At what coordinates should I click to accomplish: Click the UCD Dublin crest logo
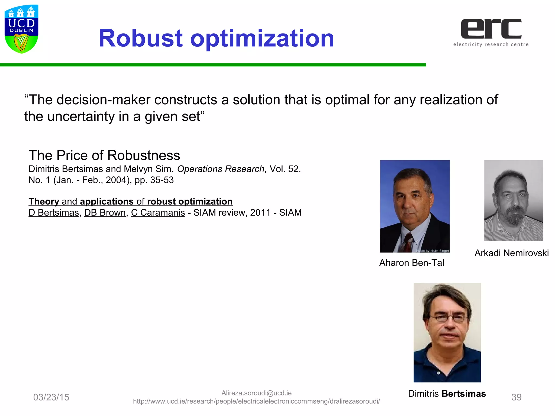click(x=21, y=29)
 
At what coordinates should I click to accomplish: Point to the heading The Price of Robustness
click(x=104, y=155)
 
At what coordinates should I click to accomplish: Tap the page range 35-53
click(x=162, y=180)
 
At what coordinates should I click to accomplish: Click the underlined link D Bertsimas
click(x=54, y=213)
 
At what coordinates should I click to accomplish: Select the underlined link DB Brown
click(x=105, y=213)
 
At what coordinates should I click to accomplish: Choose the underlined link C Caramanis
click(x=158, y=213)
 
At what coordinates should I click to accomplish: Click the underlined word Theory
click(x=44, y=201)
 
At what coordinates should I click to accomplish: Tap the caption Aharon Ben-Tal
click(x=412, y=263)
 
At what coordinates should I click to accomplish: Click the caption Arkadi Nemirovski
click(x=511, y=253)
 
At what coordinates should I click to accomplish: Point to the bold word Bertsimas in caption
click(x=464, y=394)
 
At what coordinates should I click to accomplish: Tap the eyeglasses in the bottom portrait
click(x=448, y=318)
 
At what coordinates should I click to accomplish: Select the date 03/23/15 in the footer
click(x=51, y=397)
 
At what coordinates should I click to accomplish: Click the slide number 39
click(x=516, y=397)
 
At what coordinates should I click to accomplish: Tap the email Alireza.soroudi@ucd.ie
click(x=256, y=393)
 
